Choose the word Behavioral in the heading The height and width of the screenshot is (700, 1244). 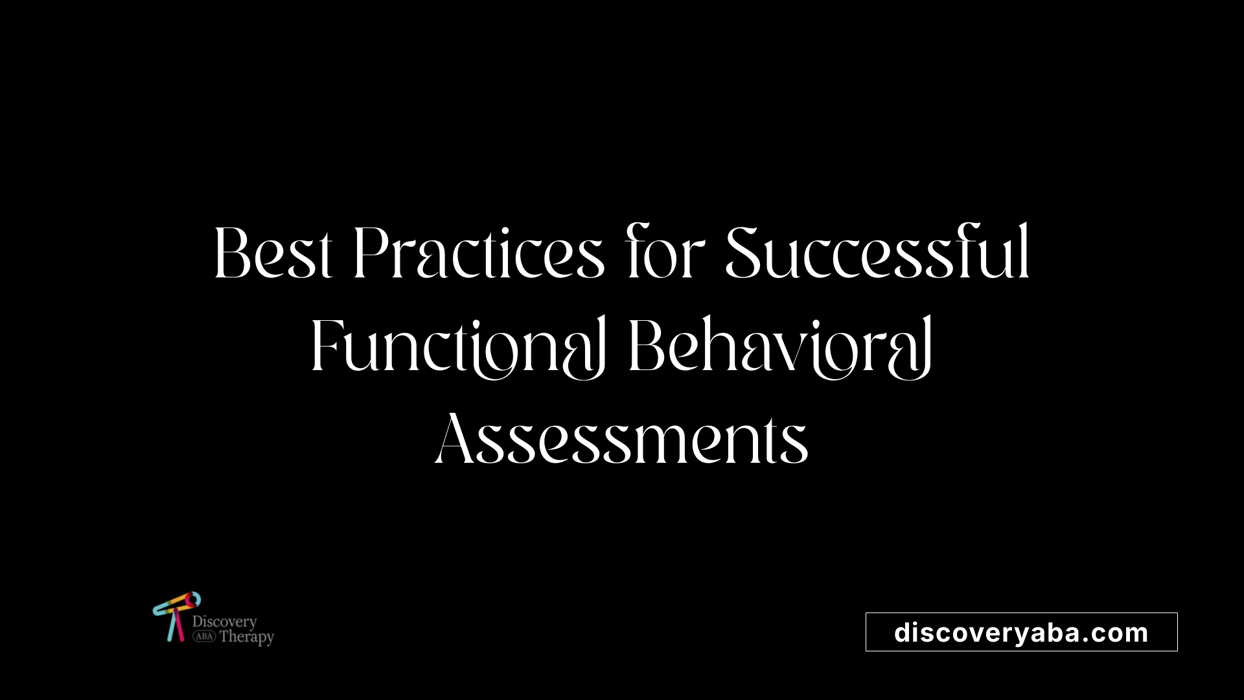tap(780, 346)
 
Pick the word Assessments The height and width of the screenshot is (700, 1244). tap(621, 439)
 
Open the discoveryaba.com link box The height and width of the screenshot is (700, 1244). tap(1021, 632)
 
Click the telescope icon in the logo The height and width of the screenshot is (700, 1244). tap(176, 616)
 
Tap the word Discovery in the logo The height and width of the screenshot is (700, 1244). tap(224, 622)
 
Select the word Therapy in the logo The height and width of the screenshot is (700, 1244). tap(247, 637)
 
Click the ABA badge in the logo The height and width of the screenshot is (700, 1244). tap(204, 636)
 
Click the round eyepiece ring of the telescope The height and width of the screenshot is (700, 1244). tap(192, 600)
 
